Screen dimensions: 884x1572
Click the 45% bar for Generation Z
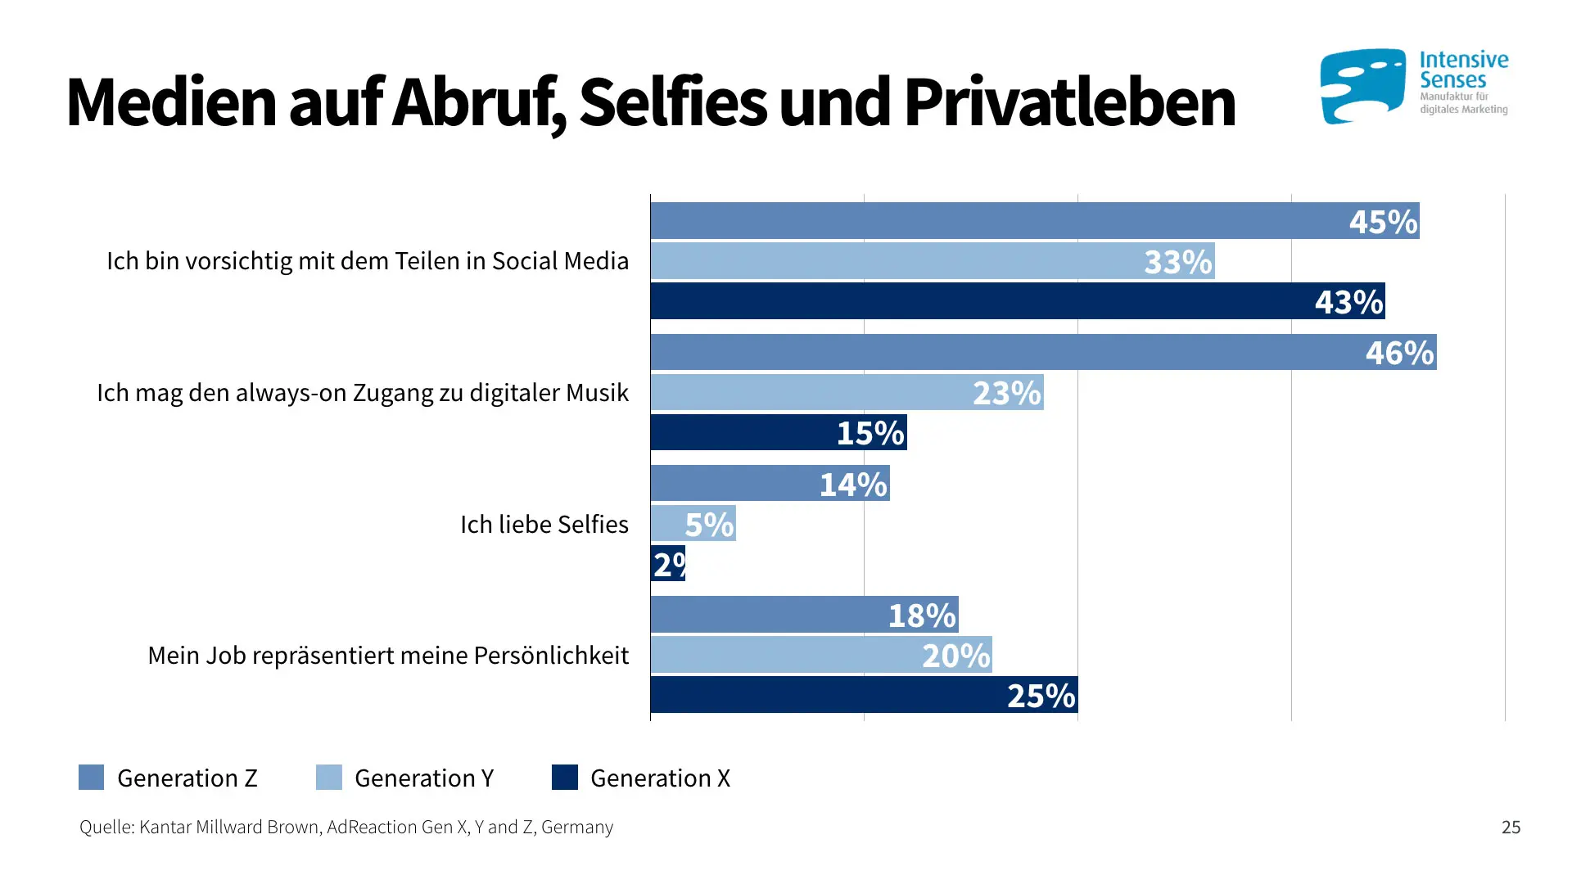coord(1035,221)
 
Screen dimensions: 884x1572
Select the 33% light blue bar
coord(933,261)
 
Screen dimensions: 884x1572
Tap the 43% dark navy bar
coord(1018,301)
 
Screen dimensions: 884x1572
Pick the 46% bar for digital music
coord(1043,352)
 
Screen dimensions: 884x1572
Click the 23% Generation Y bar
coord(847,392)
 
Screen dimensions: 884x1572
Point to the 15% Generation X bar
coord(778,432)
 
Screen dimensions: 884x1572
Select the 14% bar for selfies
coord(770,483)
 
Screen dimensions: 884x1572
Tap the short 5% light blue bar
coord(693,523)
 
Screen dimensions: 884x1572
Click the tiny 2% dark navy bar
coord(667,563)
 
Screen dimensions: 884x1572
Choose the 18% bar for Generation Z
coord(804,614)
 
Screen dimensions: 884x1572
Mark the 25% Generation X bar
coord(864,694)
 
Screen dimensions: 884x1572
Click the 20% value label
coord(955,656)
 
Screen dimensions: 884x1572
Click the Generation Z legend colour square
coord(91,777)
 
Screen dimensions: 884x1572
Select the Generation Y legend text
coord(423,778)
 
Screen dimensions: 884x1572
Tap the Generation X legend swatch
coord(564,777)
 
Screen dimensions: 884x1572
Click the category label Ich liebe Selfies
coord(544,524)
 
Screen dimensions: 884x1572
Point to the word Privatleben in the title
coord(1069,102)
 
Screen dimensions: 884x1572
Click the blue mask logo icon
coord(1362,86)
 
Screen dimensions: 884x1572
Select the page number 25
coord(1511,827)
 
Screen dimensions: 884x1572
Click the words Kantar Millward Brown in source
coord(228,827)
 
